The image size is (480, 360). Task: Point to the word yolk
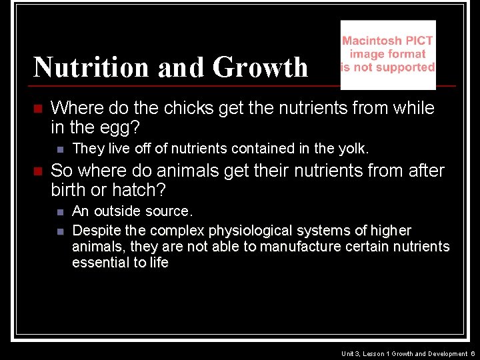point(353,148)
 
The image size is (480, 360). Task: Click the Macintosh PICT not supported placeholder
point(387,54)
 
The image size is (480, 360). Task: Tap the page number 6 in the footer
point(472,353)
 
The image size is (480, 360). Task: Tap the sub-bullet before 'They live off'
point(59,149)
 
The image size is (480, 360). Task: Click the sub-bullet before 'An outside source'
point(59,212)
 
